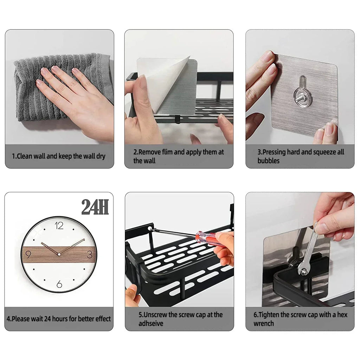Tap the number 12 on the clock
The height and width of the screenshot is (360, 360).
[59, 226]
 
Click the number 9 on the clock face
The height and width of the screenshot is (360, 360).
[28, 254]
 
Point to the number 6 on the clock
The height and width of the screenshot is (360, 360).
[59, 283]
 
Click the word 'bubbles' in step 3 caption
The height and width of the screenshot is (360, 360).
[268, 161]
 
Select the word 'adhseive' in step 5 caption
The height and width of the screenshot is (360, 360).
[151, 323]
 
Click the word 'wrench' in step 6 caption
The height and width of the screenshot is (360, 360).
[264, 323]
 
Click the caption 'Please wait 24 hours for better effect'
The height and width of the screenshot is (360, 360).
[59, 319]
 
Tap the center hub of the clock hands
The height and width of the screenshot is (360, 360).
[59, 254]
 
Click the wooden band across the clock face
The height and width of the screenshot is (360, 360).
[42, 254]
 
